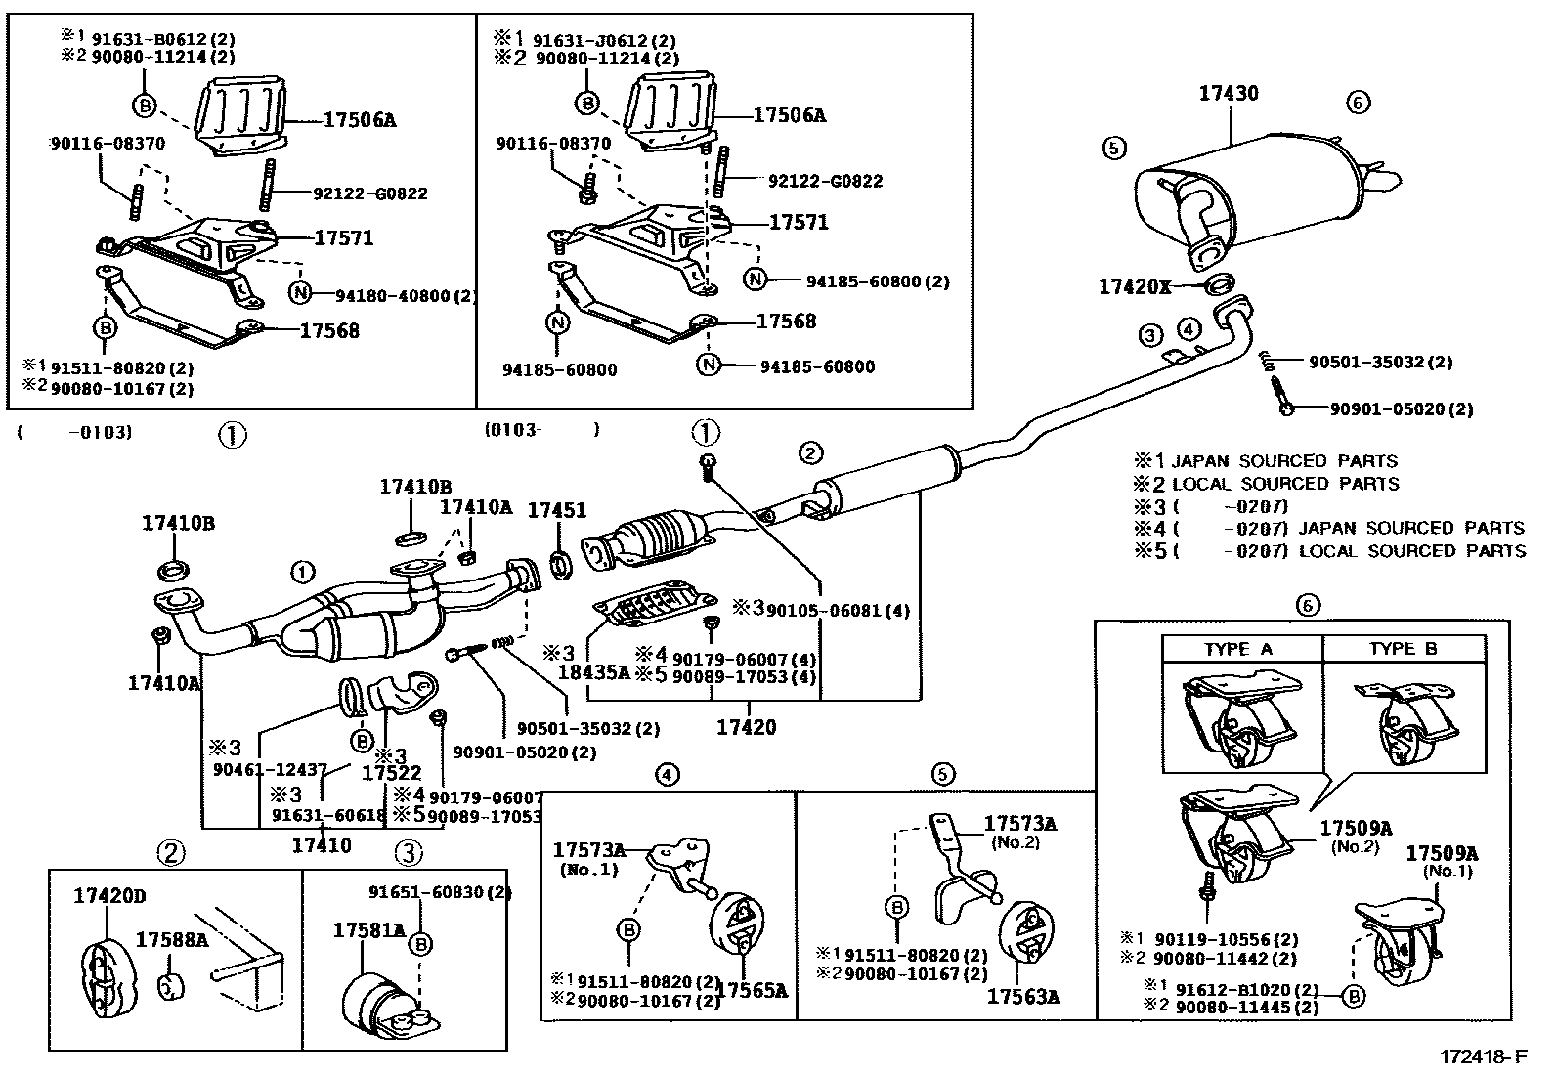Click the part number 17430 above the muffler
[x=1229, y=94]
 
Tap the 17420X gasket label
[x=1134, y=286]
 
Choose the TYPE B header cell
[x=1403, y=649]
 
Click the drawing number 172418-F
[x=1482, y=1057]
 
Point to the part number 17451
[x=557, y=510]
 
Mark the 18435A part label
[x=593, y=672]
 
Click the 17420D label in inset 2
[x=110, y=894]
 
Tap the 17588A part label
[x=172, y=940]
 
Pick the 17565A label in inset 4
[x=754, y=990]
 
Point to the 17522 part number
[x=392, y=773]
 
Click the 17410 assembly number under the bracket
[x=322, y=844]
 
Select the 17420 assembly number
[x=746, y=727]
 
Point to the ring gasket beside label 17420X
[x=1216, y=285]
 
